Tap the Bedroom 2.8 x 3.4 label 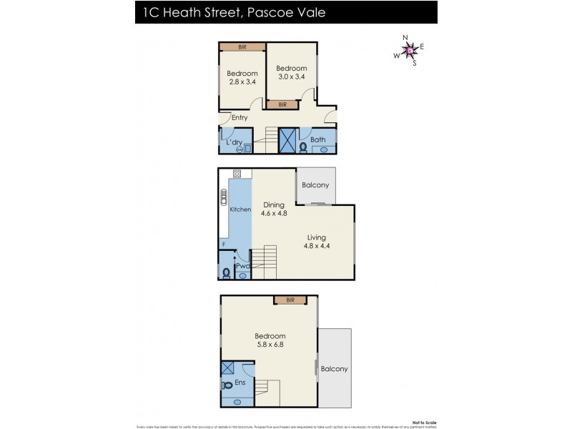242,77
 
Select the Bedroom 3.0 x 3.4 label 291,72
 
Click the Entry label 240,118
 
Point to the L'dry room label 235,142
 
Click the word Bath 318,139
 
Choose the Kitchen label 240,209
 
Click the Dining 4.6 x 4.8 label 274,209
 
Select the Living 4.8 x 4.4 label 317,242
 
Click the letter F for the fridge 224,245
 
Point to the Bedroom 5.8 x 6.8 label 270,340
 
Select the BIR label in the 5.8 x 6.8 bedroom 290,300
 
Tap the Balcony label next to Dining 315,185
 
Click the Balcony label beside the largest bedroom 334,369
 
